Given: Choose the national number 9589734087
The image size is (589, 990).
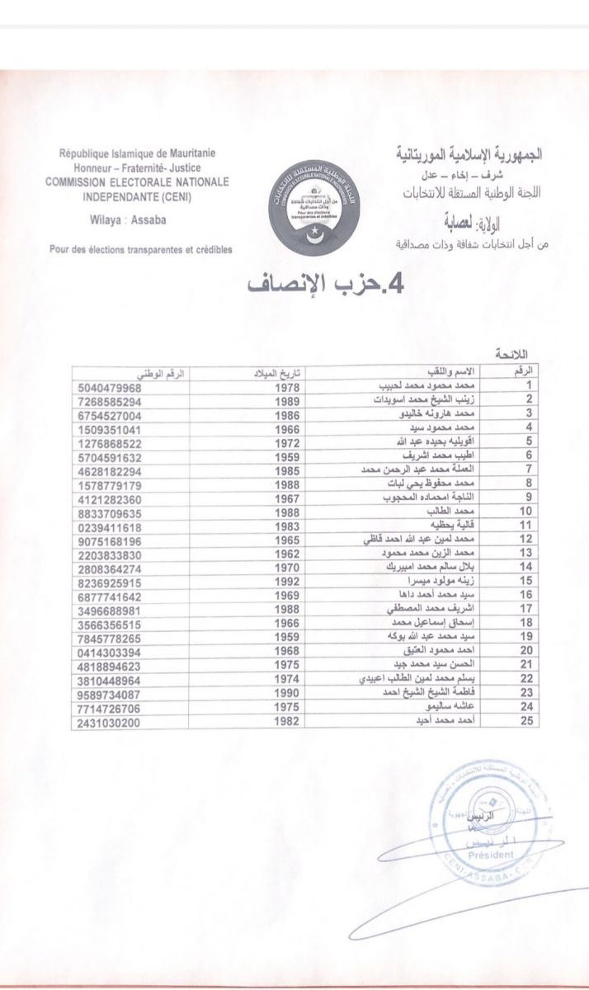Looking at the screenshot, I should [110, 693].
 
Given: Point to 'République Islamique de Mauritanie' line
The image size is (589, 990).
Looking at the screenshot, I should [137, 153].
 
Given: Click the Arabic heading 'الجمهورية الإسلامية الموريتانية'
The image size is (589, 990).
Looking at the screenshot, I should [468, 154].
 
